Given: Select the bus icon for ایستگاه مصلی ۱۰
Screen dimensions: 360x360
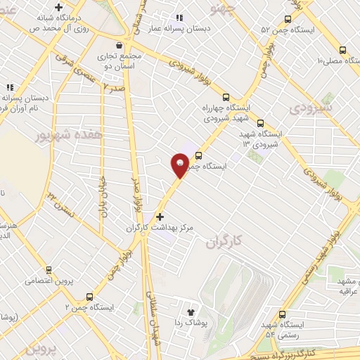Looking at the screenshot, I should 342,50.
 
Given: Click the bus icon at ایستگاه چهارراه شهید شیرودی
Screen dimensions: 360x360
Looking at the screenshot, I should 225,98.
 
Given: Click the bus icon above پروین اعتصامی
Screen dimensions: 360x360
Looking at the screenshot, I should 48,269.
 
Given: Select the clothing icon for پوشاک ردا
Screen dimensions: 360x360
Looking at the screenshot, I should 190,311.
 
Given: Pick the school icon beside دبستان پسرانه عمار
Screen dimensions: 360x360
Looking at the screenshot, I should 179,18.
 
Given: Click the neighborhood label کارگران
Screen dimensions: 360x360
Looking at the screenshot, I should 224,242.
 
